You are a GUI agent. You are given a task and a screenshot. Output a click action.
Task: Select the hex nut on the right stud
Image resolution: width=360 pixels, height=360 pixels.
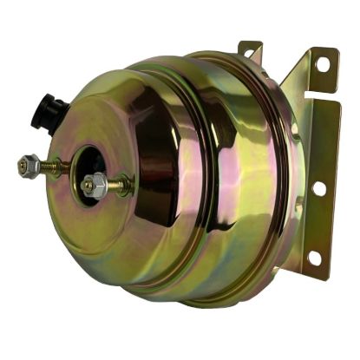pyautogui.click(x=94, y=184)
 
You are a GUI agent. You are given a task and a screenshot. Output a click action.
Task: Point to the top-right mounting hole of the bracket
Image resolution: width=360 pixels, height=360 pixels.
pyautogui.click(x=322, y=64)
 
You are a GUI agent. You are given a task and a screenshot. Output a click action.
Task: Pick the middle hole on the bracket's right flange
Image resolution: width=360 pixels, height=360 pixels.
pyautogui.click(x=319, y=187)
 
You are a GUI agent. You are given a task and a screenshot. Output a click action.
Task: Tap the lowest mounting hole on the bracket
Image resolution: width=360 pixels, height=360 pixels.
pyautogui.click(x=313, y=258)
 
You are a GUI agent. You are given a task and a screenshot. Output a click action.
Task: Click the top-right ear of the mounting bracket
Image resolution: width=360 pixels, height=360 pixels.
pyautogui.click(x=323, y=66)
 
